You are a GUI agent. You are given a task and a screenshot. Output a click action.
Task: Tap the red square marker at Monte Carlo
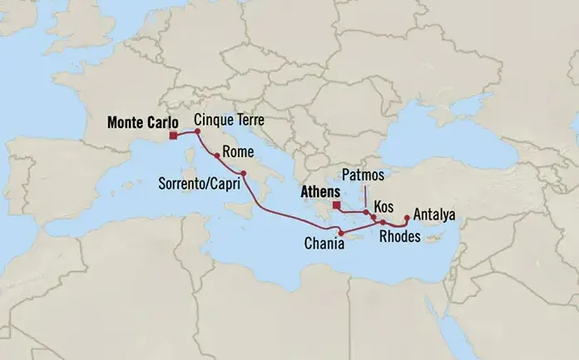[x=171, y=136]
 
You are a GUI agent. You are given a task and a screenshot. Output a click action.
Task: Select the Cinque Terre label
[x=229, y=121]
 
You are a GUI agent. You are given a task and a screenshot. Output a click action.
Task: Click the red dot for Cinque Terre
[x=198, y=131]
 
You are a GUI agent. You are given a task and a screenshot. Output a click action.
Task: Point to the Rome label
[x=239, y=152]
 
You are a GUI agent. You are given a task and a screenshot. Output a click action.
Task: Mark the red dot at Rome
[x=217, y=155]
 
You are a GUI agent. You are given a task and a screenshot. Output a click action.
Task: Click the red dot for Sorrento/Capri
[x=243, y=185]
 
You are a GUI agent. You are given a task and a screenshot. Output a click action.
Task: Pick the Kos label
[x=384, y=204]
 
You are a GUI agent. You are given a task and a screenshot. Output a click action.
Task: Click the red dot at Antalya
[x=406, y=219]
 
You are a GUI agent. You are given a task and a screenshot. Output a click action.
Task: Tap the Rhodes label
[x=399, y=236]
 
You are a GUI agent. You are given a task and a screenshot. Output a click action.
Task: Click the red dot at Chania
[x=341, y=232]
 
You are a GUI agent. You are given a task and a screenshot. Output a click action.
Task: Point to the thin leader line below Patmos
[x=364, y=196]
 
